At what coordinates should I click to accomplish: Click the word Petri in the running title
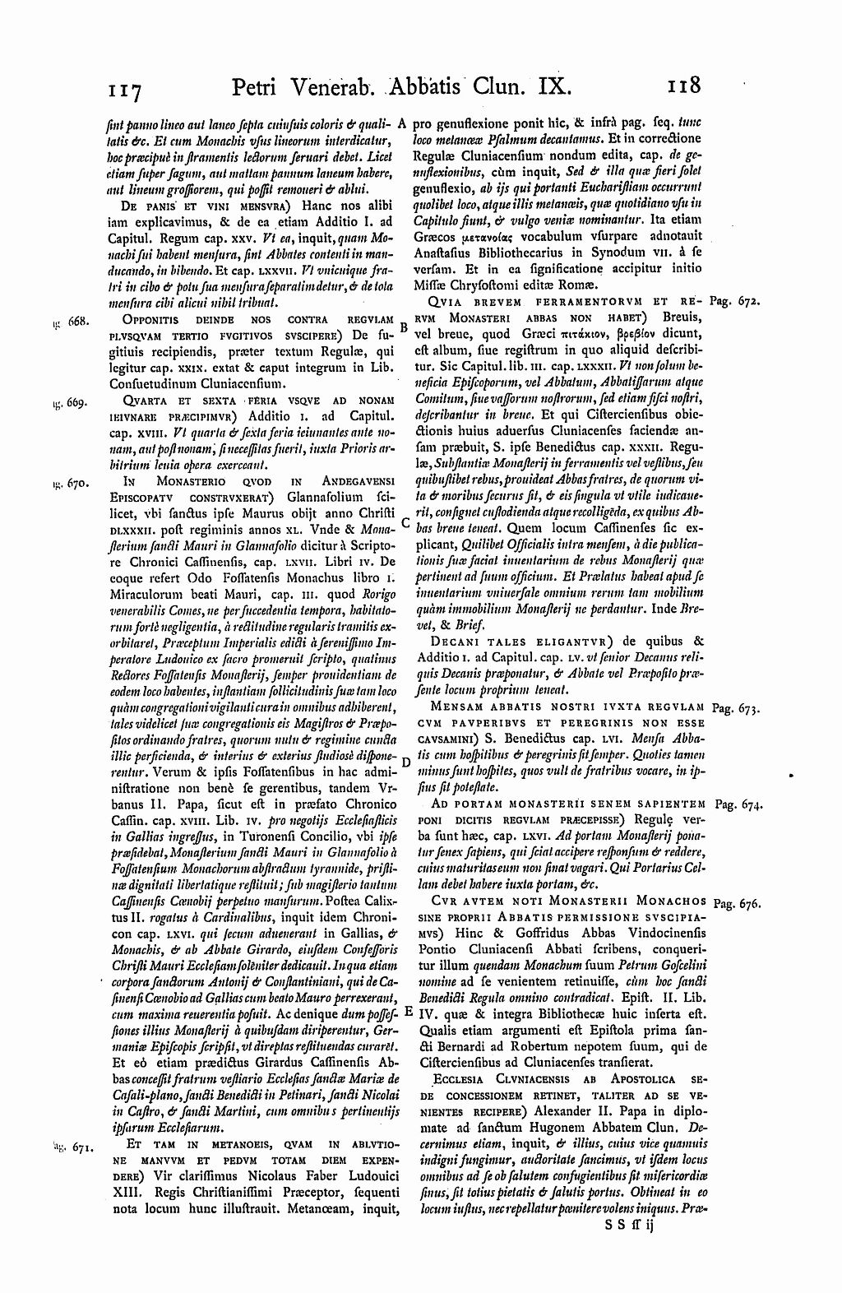[x=259, y=86]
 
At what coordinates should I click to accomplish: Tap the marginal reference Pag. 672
[x=735, y=303]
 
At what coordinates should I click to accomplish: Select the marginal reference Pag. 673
[x=735, y=707]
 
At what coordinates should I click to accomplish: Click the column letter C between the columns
[x=405, y=523]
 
